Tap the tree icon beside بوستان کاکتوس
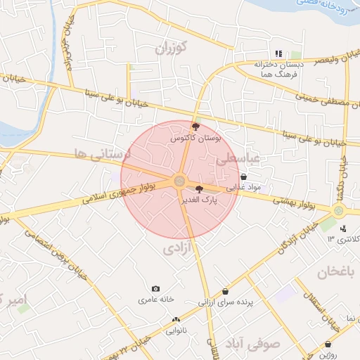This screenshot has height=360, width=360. click(x=195, y=127)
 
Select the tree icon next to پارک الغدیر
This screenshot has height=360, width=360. click(x=199, y=188)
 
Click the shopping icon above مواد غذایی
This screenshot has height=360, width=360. click(x=243, y=177)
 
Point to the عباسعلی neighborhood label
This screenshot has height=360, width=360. click(x=238, y=160)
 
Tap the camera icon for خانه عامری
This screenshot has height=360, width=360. click(x=155, y=289)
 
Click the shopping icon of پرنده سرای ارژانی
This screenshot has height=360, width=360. click(x=225, y=291)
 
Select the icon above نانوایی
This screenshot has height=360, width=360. click(x=175, y=320)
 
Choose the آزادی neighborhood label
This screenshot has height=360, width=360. click(x=178, y=248)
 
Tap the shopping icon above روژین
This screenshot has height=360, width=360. click(x=329, y=344)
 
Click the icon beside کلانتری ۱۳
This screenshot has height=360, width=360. click(x=343, y=228)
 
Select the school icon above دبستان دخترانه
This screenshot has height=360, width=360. click(x=279, y=53)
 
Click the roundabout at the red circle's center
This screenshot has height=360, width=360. click(x=179, y=181)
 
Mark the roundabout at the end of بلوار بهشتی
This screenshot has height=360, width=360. click(x=339, y=210)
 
